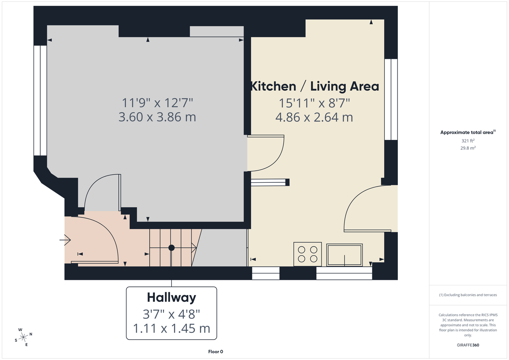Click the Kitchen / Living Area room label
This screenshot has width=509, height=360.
314,86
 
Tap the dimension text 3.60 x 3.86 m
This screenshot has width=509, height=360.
157,117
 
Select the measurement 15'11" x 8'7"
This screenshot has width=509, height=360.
314,103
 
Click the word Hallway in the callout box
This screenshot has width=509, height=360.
171,298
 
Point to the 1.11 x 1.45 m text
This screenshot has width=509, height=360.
171,329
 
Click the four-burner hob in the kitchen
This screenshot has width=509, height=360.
308,254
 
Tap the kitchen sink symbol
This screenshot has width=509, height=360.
344,254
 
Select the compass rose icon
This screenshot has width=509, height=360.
23,337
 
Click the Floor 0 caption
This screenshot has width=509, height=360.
215,352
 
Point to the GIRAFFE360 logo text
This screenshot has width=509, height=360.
468,345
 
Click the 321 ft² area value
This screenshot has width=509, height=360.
468,140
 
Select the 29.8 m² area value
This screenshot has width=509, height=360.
468,148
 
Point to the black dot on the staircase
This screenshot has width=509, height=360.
171,248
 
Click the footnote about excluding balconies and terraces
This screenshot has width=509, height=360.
468,295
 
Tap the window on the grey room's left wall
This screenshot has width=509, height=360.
40,100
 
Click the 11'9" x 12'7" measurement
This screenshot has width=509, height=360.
157,102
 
